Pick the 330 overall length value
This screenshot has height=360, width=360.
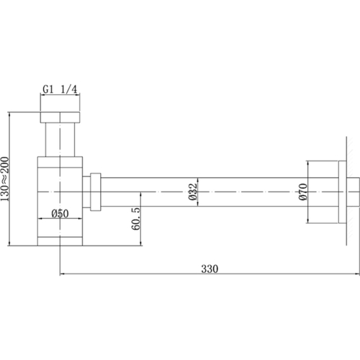210,268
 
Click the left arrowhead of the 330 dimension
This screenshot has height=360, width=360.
60,274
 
